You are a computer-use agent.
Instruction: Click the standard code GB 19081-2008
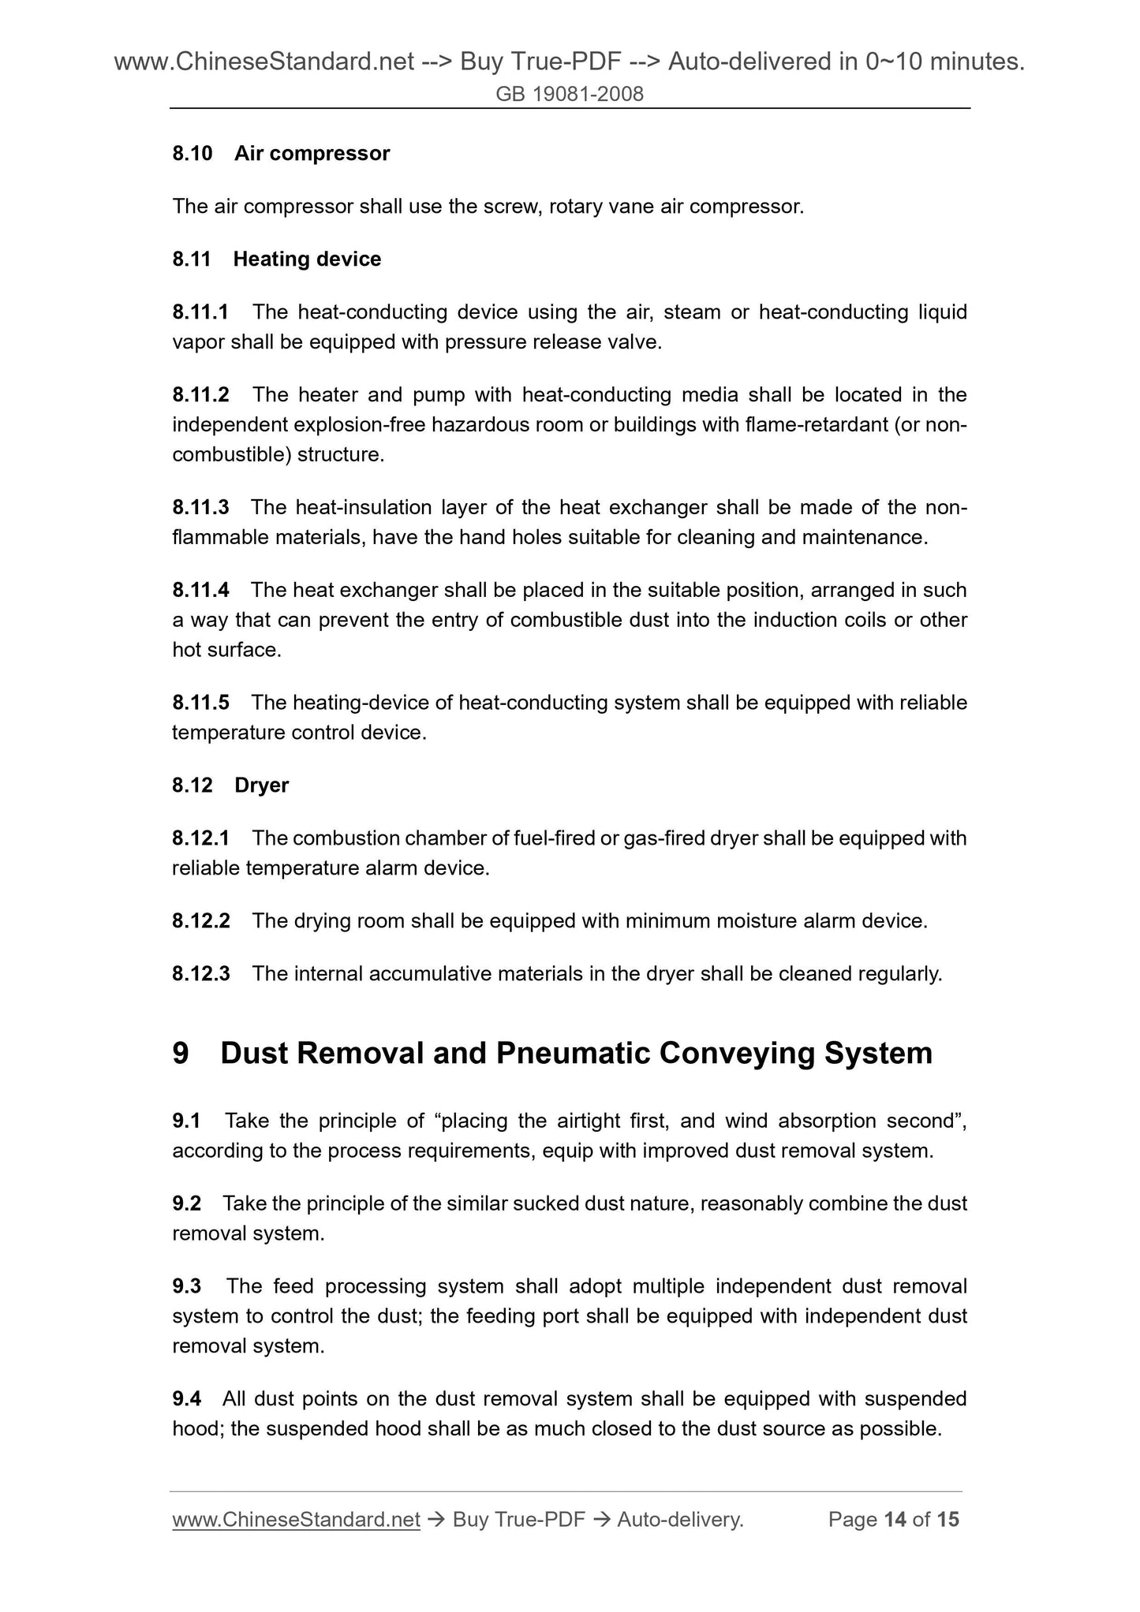[570, 95]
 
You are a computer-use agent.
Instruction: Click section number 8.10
[192, 153]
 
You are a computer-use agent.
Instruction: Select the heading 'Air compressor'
[312, 153]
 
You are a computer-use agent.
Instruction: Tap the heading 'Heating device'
[307, 259]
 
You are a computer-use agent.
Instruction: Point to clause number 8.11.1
[200, 312]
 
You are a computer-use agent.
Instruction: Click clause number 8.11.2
[200, 394]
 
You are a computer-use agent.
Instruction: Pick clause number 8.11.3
[200, 507]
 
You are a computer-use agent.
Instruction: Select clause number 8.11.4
[200, 590]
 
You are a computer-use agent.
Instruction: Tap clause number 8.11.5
[200, 702]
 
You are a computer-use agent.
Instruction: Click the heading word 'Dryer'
[261, 785]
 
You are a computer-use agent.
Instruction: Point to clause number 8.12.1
[200, 838]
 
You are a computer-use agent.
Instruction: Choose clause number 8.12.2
[200, 920]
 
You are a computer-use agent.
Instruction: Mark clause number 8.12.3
[200, 974]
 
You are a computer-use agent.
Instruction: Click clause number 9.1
[186, 1121]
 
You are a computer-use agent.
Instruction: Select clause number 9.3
[186, 1286]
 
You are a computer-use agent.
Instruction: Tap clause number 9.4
[186, 1398]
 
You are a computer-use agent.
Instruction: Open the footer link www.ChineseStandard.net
[296, 1519]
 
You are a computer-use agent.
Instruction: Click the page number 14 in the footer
[895, 1519]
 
